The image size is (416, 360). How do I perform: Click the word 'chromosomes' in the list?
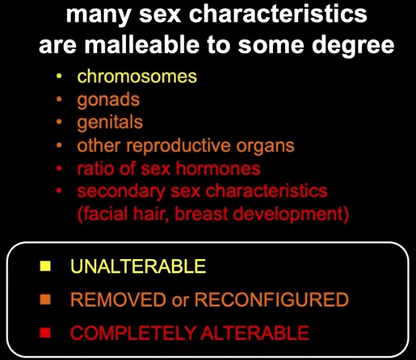[137, 77]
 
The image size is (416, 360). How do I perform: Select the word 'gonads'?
[108, 101]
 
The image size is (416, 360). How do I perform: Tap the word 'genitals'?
[110, 123]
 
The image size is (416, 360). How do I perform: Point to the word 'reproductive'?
[179, 147]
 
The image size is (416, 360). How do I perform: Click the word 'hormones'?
[218, 169]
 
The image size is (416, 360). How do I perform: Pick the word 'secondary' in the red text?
[121, 192]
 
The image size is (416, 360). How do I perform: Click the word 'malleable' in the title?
[142, 44]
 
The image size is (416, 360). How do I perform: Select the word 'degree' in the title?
[353, 46]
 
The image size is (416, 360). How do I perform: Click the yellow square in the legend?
[45, 266]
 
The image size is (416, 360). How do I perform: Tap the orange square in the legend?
[45, 299]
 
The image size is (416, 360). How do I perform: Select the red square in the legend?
[45, 333]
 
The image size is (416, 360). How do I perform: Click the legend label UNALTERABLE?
[138, 266]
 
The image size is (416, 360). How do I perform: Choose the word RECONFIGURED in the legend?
[271, 299]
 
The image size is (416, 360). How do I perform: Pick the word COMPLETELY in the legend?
[132, 333]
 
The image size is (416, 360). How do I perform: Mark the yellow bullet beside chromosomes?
[59, 77]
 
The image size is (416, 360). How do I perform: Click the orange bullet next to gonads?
[59, 99]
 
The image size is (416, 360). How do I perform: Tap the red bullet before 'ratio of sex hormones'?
[59, 169]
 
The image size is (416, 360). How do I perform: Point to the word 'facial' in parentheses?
[103, 214]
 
